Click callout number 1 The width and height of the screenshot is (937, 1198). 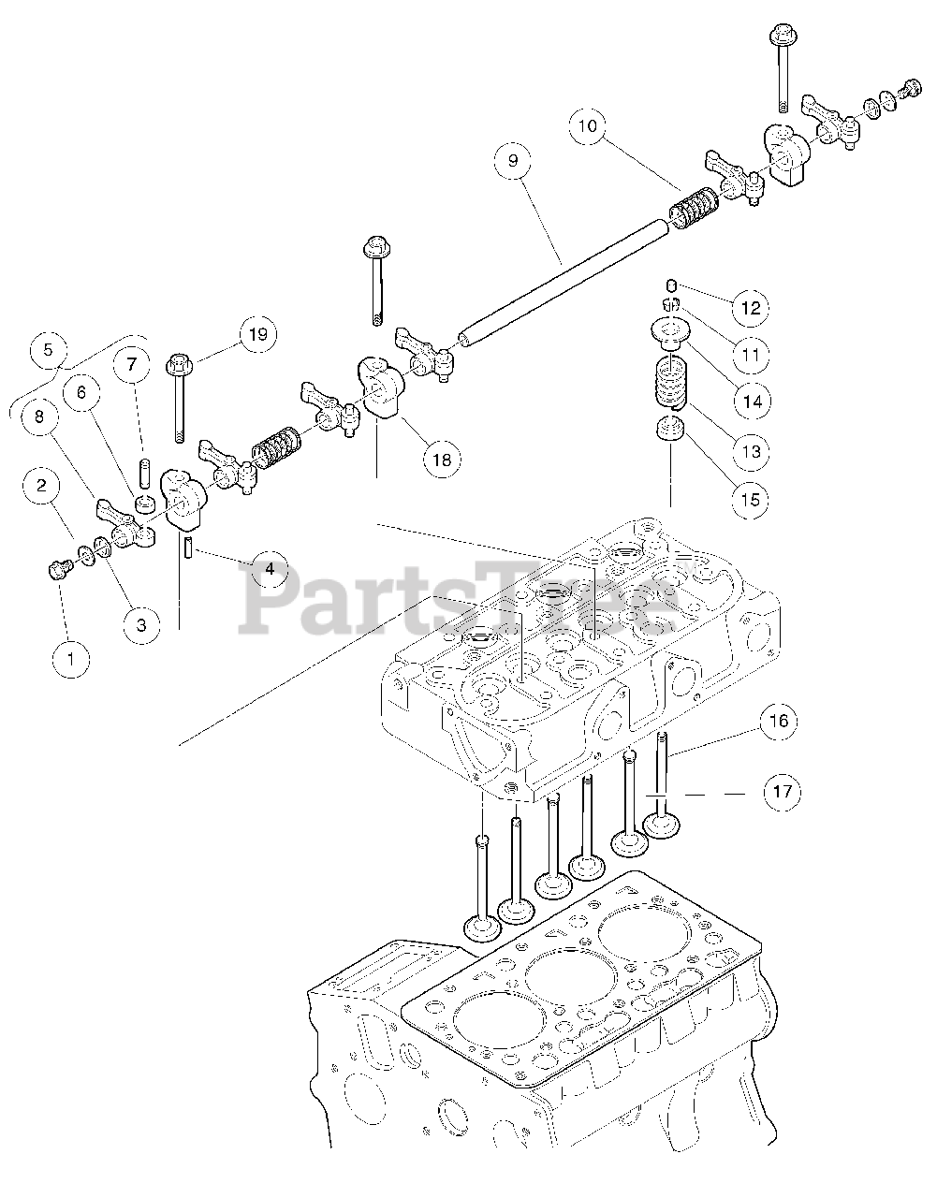[71, 658]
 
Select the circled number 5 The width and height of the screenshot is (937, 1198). [49, 350]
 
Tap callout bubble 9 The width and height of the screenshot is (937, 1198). [513, 162]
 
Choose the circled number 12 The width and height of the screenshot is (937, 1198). [751, 307]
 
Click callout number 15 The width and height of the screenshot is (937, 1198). [751, 499]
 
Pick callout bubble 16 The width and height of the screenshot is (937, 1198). [779, 721]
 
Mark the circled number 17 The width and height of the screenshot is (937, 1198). [782, 793]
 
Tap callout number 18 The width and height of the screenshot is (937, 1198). [441, 459]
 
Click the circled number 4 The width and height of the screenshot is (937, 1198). [269, 568]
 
